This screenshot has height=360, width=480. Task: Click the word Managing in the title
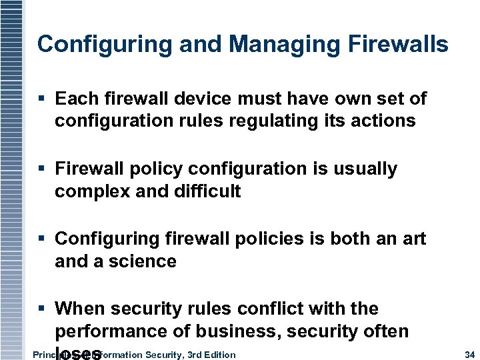tap(279, 45)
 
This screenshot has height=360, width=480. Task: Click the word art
tap(413, 239)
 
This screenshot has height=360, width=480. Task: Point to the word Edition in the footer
tap(219, 354)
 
